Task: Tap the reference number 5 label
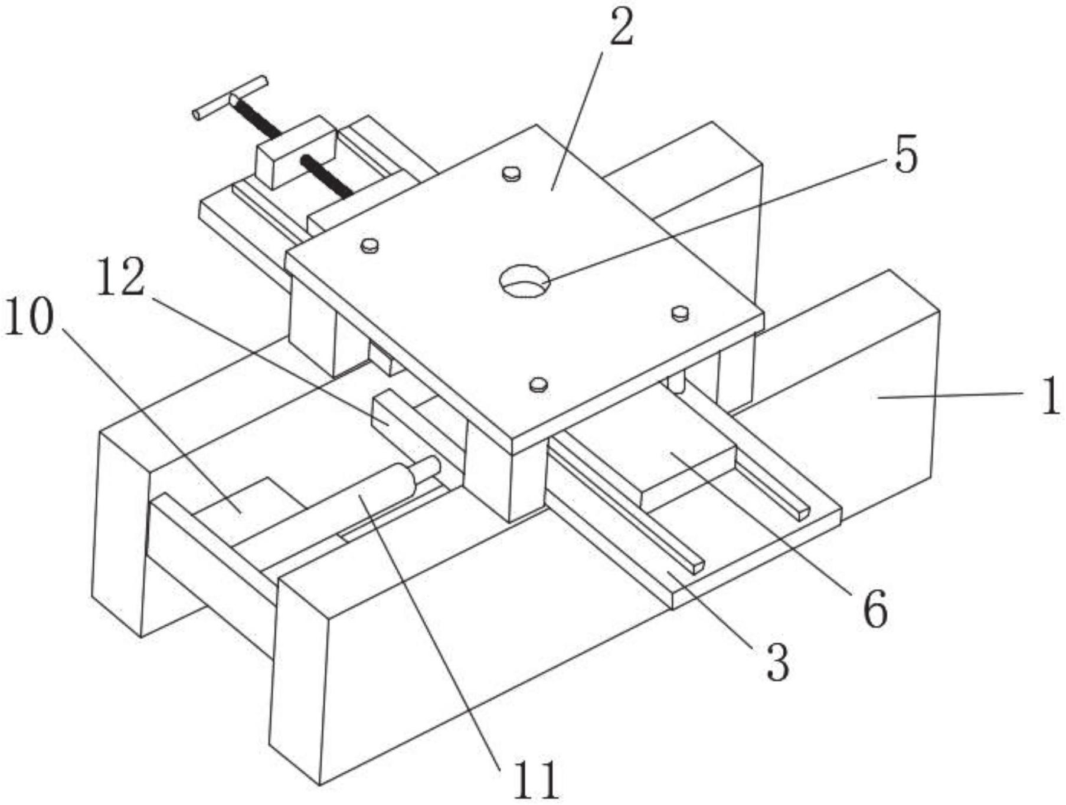(x=907, y=155)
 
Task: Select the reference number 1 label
(x=1049, y=396)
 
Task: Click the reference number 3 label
(x=777, y=662)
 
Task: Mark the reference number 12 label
(x=120, y=277)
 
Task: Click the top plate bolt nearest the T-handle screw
(x=512, y=173)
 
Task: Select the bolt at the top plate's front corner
(x=538, y=385)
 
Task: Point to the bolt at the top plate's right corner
(x=681, y=313)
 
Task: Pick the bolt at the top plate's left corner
(x=370, y=245)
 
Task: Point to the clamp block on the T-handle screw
(x=296, y=152)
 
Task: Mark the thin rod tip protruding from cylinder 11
(x=429, y=468)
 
